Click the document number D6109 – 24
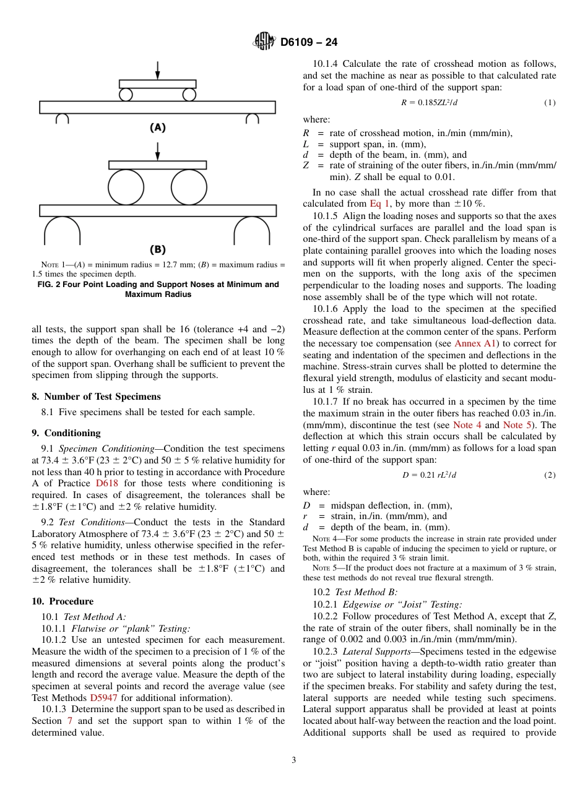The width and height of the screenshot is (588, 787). click(309, 42)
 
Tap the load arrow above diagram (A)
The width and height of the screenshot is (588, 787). click(158, 70)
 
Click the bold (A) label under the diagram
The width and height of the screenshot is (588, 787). click(158, 127)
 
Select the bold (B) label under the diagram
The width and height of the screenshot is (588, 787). click(158, 249)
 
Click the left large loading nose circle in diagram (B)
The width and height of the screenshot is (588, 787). click(126, 187)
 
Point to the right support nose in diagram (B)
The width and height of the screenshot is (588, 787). click(251, 231)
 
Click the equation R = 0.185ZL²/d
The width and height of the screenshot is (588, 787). click(429, 102)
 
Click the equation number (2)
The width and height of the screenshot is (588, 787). click(550, 475)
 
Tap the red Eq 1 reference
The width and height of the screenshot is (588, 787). click(379, 204)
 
